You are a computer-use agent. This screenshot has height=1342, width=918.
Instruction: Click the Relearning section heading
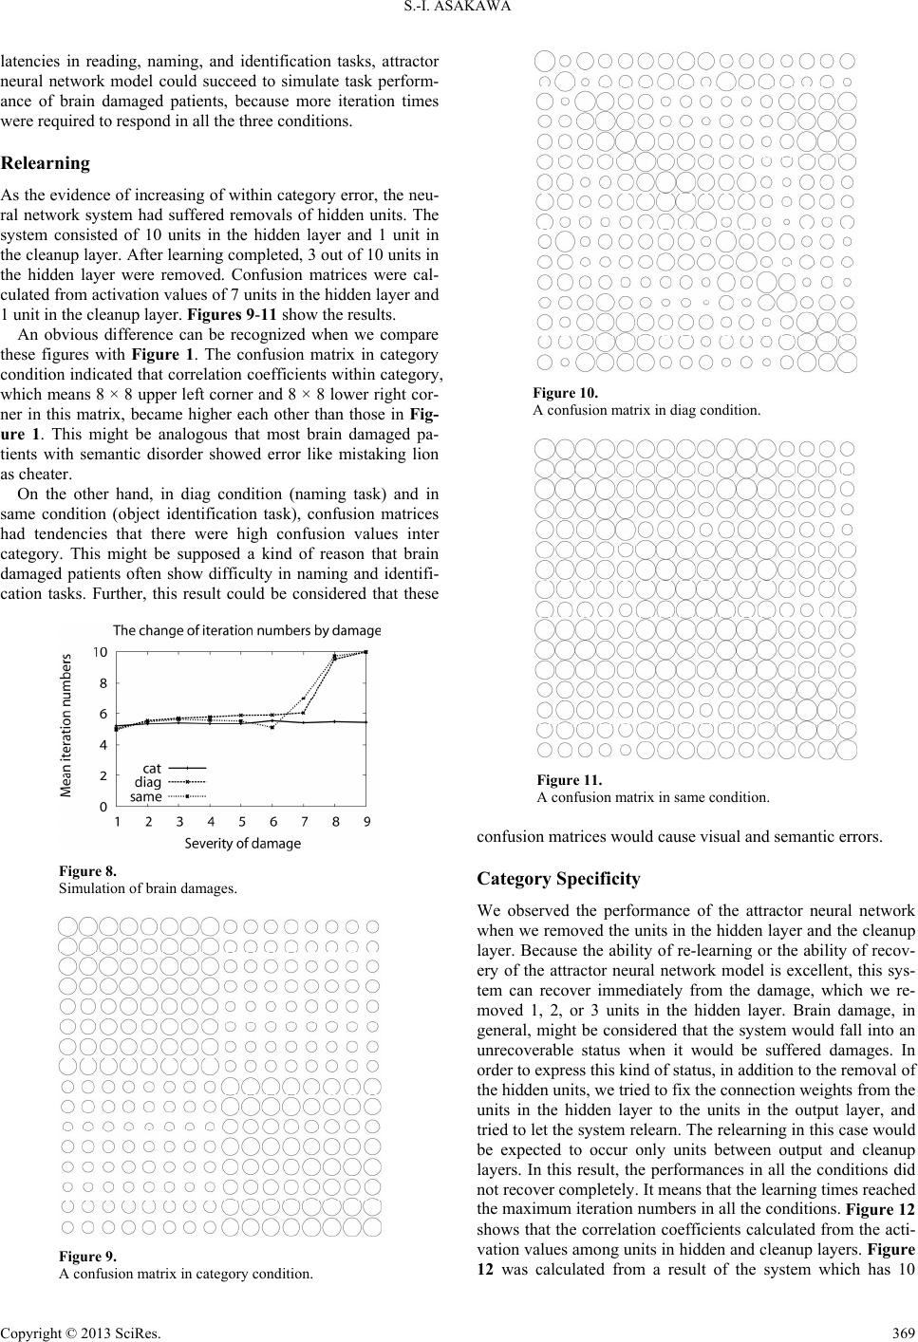click(46, 163)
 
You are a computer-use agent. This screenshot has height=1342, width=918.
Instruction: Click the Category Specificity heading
click(558, 879)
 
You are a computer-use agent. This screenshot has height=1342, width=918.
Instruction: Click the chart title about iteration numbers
click(246, 630)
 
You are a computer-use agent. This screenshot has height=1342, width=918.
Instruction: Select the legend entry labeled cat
click(152, 767)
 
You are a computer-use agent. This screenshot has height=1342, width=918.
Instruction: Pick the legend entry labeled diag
click(148, 782)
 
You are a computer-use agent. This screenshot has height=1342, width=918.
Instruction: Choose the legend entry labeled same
click(146, 797)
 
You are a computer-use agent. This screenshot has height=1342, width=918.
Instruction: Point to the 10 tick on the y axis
click(100, 652)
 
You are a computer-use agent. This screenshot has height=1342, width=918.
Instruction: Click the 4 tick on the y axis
click(103, 745)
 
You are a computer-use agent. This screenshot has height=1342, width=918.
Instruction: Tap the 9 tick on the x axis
click(366, 822)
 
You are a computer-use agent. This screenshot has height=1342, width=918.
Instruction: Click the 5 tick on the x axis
click(241, 822)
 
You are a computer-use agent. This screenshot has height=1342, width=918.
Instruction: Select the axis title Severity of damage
click(242, 843)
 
